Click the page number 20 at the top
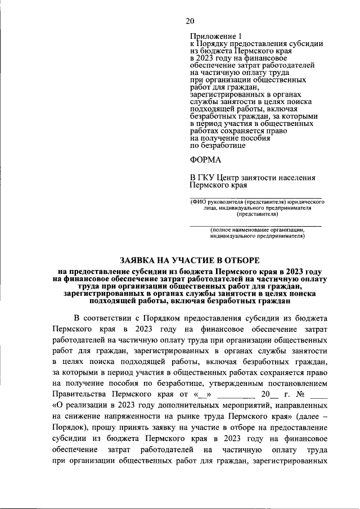pos(190,21)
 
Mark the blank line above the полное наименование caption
pos(256,226)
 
